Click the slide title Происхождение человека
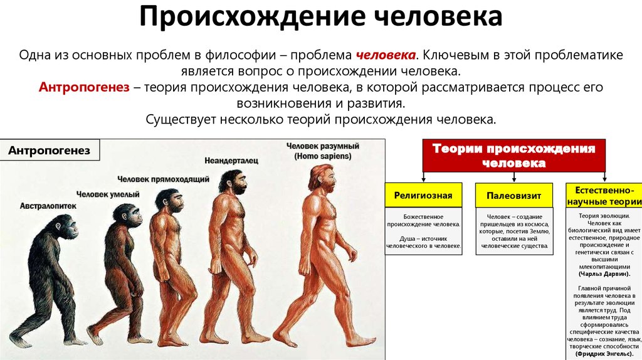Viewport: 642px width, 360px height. pos(320,16)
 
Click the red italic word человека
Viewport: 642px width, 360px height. pos(386,55)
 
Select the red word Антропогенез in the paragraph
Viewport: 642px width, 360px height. pos(84,87)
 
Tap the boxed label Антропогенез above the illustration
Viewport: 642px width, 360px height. pos(49,151)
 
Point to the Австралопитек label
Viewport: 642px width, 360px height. pos(48,206)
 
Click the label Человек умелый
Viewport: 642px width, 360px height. pos(108,194)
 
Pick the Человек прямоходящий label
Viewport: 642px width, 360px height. pos(163,179)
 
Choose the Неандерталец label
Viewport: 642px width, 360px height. pos(231,161)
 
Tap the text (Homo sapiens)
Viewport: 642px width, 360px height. pos(323,156)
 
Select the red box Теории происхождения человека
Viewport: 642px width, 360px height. pos(514,156)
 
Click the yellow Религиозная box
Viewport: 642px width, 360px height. pos(423,195)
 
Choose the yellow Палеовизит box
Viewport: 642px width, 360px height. pos(514,195)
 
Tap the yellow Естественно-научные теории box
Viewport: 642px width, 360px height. pos(604,195)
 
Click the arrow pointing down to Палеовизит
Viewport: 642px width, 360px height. pos(514,177)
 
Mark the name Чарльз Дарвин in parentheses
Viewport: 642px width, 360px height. pos(604,274)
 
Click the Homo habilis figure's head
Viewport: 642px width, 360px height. pos(127,214)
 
